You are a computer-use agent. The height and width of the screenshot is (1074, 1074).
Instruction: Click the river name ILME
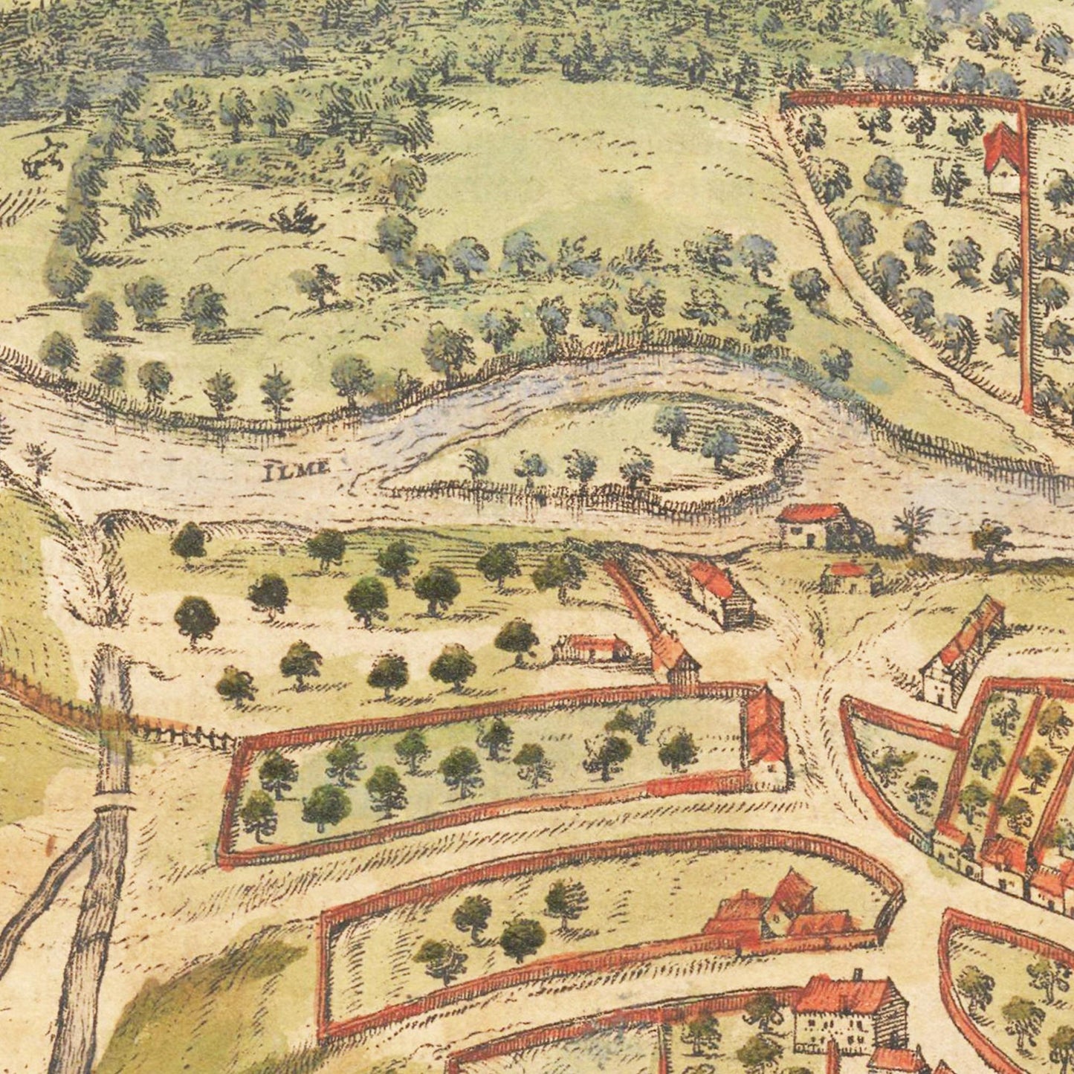click(x=297, y=468)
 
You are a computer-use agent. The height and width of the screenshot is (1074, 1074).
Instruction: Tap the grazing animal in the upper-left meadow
click(x=43, y=157)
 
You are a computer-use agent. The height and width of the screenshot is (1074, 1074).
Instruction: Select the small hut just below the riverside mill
click(x=850, y=577)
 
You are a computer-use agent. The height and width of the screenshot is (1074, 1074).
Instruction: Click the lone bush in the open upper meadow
click(x=297, y=219)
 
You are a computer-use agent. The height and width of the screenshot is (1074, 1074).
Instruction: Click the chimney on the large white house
click(x=856, y=974)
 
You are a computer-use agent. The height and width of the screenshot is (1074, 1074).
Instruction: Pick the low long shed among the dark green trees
click(x=592, y=648)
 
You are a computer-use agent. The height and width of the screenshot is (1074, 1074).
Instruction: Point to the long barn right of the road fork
click(x=963, y=650)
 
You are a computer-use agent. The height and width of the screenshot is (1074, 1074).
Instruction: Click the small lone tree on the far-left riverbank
click(x=37, y=457)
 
